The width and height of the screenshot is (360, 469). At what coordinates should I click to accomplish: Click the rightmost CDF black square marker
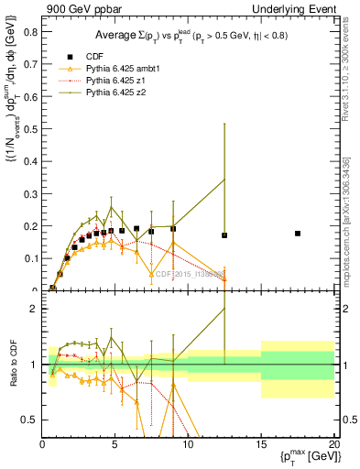(x=298, y=234)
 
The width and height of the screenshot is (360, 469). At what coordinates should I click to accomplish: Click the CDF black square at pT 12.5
(x=224, y=235)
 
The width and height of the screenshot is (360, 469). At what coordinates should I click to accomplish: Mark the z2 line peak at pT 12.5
(x=224, y=179)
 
